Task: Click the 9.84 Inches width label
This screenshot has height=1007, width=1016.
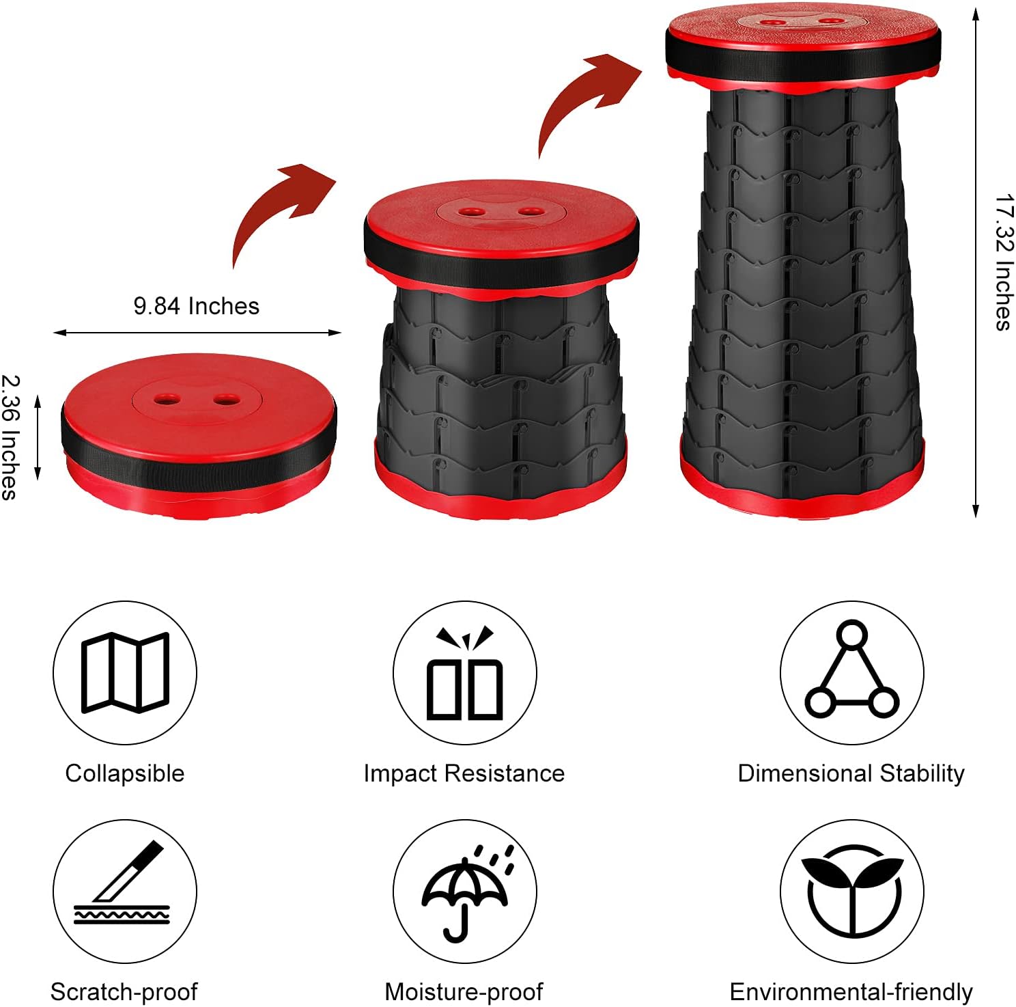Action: [197, 306]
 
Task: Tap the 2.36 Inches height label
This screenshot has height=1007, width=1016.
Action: [10, 437]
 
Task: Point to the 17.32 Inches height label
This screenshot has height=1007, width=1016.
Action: [1003, 263]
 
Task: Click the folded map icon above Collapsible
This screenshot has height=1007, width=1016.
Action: [125, 672]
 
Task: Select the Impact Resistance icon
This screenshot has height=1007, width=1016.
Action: [464, 672]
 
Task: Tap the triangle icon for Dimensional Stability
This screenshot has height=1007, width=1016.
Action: [851, 672]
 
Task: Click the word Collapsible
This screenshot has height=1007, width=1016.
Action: [125, 773]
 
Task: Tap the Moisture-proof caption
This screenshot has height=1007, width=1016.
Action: [464, 992]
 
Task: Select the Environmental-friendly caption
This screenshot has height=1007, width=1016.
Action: [851, 992]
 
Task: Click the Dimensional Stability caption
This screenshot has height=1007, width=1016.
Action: [851, 773]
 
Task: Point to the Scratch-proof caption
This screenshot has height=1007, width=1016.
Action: [124, 992]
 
